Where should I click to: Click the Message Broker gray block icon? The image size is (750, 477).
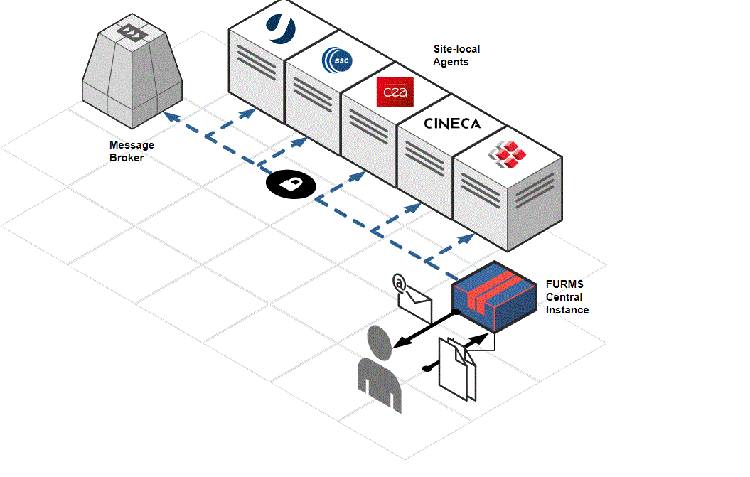(132, 71)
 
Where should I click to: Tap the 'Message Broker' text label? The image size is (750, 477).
(132, 151)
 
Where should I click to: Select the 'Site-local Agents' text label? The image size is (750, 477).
(456, 55)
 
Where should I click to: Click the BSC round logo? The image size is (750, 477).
(336, 60)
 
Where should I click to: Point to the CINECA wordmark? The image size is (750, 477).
(452, 124)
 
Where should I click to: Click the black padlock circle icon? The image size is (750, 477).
(291, 185)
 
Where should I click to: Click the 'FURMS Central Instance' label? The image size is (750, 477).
(567, 296)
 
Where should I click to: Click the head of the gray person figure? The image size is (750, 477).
(380, 343)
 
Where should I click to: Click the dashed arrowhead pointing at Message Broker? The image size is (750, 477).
(168, 115)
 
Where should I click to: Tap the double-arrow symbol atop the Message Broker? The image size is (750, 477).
(131, 31)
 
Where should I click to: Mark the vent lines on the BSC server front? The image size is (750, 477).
(311, 92)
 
